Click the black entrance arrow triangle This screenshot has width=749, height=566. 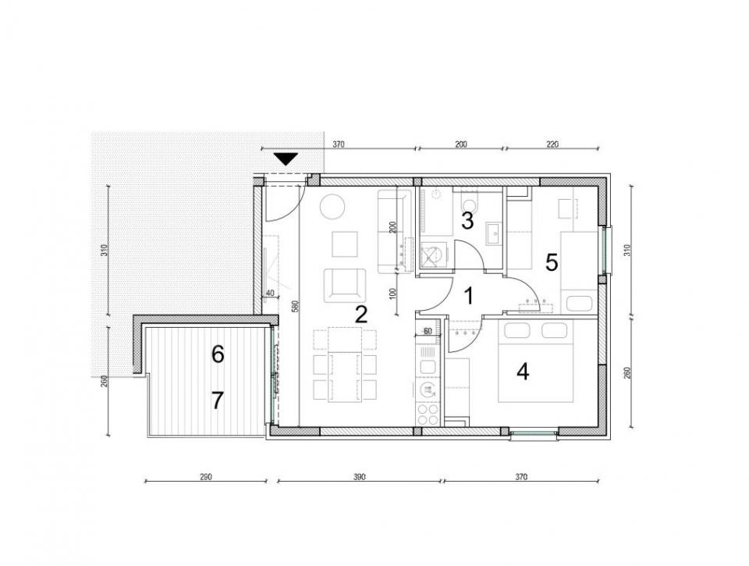[x=286, y=159]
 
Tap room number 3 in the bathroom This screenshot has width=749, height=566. [x=467, y=220]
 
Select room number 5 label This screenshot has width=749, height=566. [x=552, y=262]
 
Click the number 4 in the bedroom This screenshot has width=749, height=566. [x=524, y=372]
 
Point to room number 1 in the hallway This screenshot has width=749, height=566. [x=469, y=296]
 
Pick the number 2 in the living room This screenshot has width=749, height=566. [x=361, y=314]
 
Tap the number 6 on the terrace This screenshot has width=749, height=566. [x=218, y=354]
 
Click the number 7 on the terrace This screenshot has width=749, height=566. [x=218, y=400]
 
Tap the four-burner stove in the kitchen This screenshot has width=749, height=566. [x=428, y=415]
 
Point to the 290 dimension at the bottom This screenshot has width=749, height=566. [x=205, y=476]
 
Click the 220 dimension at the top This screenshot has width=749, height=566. [x=552, y=144]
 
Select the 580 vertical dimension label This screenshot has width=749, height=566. [x=295, y=306]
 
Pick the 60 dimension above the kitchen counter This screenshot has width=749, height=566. [x=428, y=331]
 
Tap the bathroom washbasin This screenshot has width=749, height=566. [x=493, y=233]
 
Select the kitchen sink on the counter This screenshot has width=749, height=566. [x=427, y=367]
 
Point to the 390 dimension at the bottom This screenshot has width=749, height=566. [x=360, y=476]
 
